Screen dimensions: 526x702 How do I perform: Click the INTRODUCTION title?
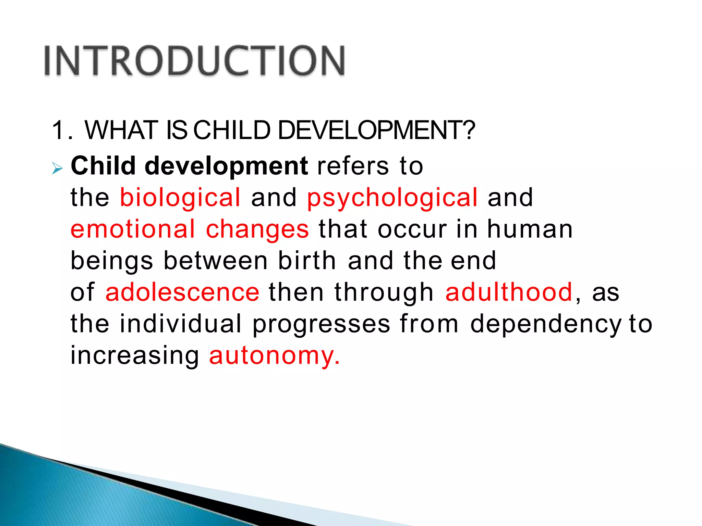pyautogui.click(x=194, y=61)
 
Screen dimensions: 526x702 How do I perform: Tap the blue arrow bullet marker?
pyautogui.click(x=57, y=168)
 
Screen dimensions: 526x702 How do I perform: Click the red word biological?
pyautogui.click(x=180, y=198)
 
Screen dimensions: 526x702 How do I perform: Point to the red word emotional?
pyautogui.click(x=133, y=229)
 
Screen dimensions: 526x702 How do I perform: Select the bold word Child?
pyautogui.click(x=103, y=166)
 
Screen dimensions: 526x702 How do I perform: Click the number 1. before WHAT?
pyautogui.click(x=61, y=130)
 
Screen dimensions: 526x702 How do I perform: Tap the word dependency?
pyautogui.click(x=545, y=325)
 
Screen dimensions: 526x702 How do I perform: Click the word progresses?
pyautogui.click(x=321, y=325)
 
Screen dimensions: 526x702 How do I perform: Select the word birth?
pyautogui.click(x=307, y=261)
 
